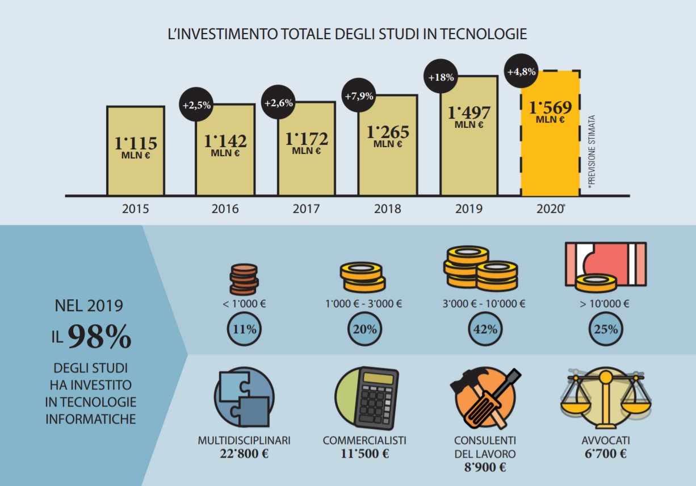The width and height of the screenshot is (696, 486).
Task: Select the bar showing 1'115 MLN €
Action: point(136,151)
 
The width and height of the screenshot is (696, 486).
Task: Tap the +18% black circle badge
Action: point(441,77)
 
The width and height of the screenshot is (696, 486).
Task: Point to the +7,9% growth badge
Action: point(359,96)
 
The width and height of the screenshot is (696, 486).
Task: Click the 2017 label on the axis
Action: point(306,209)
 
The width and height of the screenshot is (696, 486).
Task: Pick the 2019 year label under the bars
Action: point(468,209)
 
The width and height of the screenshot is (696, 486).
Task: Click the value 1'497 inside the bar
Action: point(468,112)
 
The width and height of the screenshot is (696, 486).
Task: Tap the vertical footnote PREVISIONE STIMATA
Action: point(591,152)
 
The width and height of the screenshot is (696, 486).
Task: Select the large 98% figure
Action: point(99,337)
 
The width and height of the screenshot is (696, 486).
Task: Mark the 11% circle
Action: point(244,329)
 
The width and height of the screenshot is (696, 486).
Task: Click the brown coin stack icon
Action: point(244,279)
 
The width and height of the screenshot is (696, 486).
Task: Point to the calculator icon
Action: point(375,397)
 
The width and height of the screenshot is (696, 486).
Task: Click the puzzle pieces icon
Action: point(244,397)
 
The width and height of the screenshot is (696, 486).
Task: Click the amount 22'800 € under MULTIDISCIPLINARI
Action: point(244,454)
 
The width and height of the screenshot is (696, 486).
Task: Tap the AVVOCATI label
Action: point(605,441)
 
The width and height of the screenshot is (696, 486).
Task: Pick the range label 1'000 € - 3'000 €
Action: point(363,304)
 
